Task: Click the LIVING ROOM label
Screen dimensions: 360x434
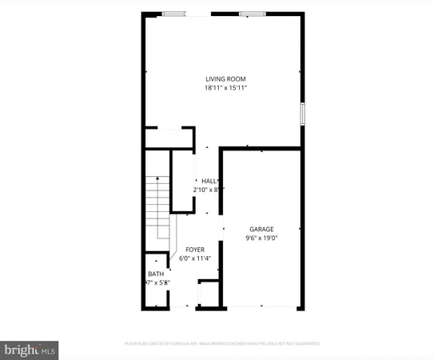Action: (x=225, y=79)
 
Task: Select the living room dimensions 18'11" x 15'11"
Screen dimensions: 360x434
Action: (x=225, y=88)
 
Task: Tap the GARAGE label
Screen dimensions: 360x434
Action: (x=261, y=227)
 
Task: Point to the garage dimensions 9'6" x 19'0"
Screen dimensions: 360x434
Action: (x=261, y=237)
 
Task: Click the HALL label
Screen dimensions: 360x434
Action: (x=209, y=181)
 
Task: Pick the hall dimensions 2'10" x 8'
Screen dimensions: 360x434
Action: (x=209, y=190)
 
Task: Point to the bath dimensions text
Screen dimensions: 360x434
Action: (x=156, y=282)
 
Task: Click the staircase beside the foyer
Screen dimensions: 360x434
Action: (x=158, y=206)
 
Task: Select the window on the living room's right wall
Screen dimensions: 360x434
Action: (x=302, y=113)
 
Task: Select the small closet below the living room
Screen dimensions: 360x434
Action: (x=169, y=137)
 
